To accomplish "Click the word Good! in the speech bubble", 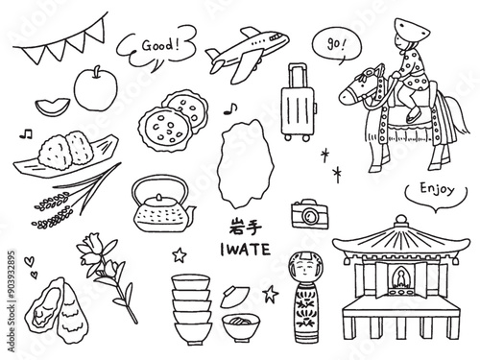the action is (x=160, y=45).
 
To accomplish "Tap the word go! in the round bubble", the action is (x=336, y=44).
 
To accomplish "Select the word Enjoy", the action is (x=437, y=189).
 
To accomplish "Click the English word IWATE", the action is (x=246, y=250).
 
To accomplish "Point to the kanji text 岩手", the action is (x=246, y=227).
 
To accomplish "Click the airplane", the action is (x=247, y=54).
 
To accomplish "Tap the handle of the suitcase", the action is (x=298, y=75).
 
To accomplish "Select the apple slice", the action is (x=52, y=107).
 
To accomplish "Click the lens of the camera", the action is (x=310, y=216).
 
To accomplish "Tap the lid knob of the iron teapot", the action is (x=159, y=197).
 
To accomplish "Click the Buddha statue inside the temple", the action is (x=400, y=278).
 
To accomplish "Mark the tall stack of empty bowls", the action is (x=192, y=309).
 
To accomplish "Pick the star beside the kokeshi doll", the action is (x=271, y=294).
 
